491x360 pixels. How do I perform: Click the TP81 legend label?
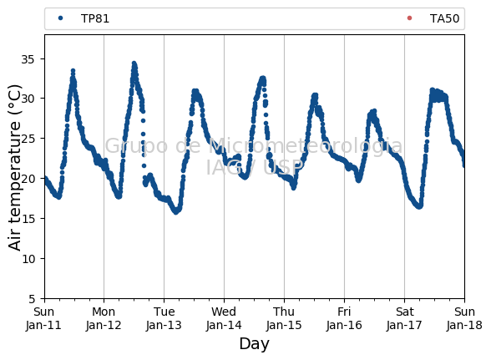point(95,19)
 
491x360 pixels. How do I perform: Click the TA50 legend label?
point(444,19)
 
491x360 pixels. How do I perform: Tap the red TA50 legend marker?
point(409,18)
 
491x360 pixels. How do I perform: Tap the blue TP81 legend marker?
point(60,18)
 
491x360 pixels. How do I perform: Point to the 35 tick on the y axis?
point(28,59)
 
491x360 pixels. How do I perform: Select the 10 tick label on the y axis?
point(28,259)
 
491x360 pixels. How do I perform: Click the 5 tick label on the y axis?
point(32,299)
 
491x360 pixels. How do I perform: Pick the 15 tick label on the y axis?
point(28,219)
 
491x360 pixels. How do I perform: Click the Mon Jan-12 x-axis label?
point(104,318)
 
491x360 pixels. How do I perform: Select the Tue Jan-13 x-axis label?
point(164,318)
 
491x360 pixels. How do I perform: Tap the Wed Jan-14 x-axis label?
point(224,318)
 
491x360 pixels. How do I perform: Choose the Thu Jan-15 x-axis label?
point(284,318)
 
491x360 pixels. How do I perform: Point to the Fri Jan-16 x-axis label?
point(344,318)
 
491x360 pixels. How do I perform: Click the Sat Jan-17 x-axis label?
point(404,318)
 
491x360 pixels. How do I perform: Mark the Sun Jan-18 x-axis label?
point(464,318)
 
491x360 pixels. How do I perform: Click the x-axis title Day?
point(254,344)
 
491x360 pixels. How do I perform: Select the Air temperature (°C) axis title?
point(14,168)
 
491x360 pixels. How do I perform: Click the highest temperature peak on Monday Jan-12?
point(134,63)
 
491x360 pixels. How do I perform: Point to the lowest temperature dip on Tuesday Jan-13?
point(176,212)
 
